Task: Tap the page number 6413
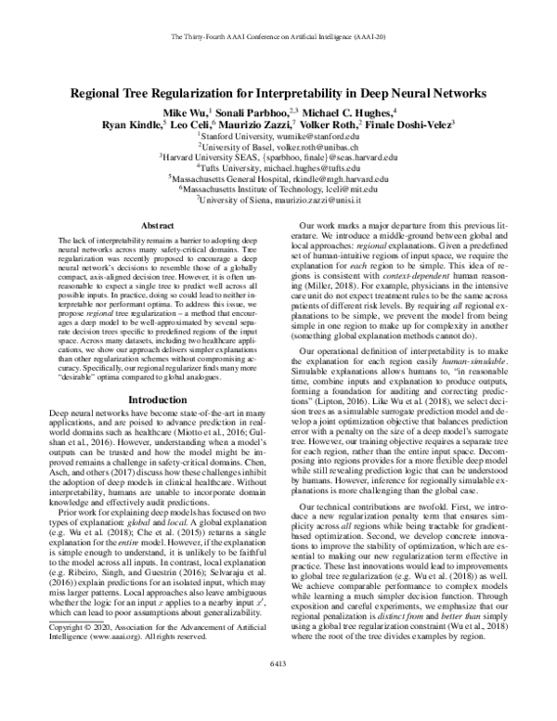(278, 686)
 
